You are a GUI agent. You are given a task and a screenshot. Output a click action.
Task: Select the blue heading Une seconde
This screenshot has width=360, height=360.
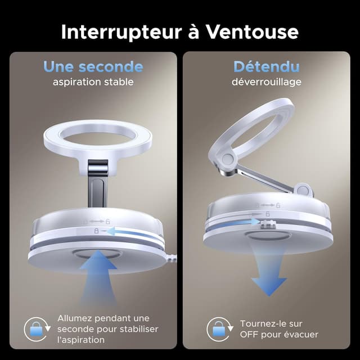point(93,67)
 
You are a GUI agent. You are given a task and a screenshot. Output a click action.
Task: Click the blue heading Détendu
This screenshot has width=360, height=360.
point(266,67)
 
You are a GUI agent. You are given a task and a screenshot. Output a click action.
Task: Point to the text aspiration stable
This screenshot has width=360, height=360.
point(93,82)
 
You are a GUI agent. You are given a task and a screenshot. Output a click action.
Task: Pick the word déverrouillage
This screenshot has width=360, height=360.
point(266,82)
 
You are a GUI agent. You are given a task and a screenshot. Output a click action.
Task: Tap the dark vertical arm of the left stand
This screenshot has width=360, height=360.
point(96,186)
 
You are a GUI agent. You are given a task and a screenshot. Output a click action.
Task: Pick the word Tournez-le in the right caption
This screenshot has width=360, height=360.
point(263,323)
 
